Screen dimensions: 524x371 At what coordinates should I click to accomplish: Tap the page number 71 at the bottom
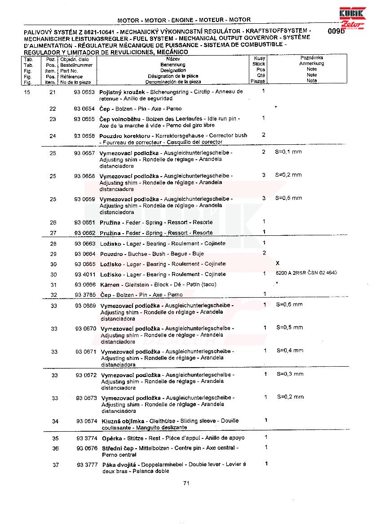pos(186,483)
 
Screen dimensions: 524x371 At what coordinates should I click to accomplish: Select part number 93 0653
pos(84,91)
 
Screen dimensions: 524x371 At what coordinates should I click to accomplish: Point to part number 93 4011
pos(85,274)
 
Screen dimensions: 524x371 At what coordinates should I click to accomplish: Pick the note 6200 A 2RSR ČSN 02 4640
pos(306,273)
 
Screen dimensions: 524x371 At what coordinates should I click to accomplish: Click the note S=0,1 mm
pos(288,152)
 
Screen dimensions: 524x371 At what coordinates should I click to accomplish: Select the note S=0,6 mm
pos(289,305)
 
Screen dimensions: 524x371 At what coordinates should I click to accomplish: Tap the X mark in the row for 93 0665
pos(278,263)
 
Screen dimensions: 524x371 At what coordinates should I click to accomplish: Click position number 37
pos(56,465)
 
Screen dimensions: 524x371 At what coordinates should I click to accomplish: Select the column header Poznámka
pos(312,58)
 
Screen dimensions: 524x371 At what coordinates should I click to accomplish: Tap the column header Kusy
pos(259,58)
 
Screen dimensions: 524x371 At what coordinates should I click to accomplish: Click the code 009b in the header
pos(336,31)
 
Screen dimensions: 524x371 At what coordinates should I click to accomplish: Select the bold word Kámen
pos(110,285)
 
